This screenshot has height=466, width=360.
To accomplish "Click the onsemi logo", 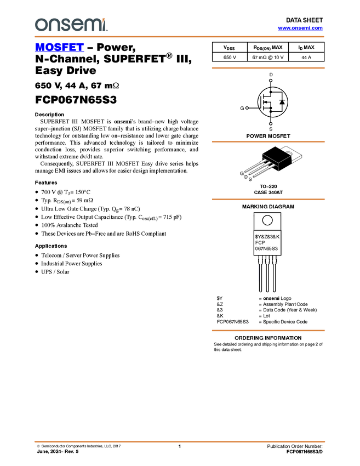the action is [71, 25].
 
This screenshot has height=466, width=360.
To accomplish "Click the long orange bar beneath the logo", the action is [180, 37].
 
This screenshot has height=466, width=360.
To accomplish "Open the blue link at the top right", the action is [300, 28].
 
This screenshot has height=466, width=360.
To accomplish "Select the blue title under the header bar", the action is [59, 48].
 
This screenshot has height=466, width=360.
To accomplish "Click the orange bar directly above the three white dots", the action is [268, 68].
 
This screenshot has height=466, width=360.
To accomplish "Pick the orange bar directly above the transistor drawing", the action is [268, 141].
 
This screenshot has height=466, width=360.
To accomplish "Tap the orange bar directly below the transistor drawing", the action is [268, 199].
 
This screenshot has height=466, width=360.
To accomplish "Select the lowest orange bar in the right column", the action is [268, 331].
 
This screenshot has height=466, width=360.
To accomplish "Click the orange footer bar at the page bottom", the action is [180, 441].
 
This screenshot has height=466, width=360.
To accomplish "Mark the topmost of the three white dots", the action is [271, 81].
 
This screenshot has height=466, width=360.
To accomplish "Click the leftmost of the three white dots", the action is [247, 108].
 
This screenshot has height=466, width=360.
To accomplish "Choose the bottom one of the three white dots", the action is [271, 124].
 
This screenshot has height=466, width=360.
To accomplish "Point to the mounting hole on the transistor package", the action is [289, 154].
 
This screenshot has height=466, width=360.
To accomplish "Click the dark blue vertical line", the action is [258, 272].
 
